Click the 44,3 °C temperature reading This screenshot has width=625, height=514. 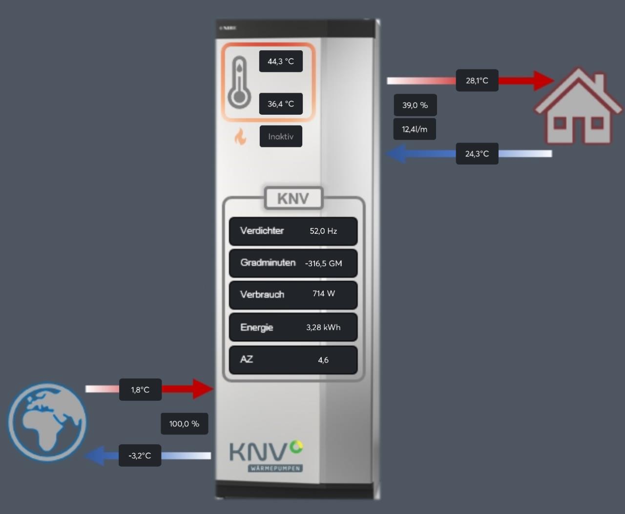(x=281, y=62)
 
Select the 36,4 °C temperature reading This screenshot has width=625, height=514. (x=281, y=104)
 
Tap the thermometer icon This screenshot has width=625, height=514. (x=239, y=82)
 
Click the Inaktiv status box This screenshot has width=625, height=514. (x=281, y=137)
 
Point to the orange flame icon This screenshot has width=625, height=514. (x=240, y=137)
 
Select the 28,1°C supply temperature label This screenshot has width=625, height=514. (x=477, y=81)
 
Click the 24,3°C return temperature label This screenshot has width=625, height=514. (x=477, y=154)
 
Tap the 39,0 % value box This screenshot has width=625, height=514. (x=415, y=105)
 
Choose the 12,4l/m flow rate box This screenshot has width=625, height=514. (x=415, y=129)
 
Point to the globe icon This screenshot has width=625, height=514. (x=47, y=422)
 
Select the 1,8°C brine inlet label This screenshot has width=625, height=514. (x=140, y=390)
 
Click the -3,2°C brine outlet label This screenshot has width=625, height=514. (x=140, y=456)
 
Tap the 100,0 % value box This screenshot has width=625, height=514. (x=184, y=424)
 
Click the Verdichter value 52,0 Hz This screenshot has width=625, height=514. (x=323, y=231)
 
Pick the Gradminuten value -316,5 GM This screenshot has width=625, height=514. (x=323, y=264)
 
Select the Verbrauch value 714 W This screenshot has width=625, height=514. (x=324, y=294)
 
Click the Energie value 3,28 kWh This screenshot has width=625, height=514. (x=323, y=328)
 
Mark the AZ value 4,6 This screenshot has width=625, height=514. (x=323, y=360)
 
